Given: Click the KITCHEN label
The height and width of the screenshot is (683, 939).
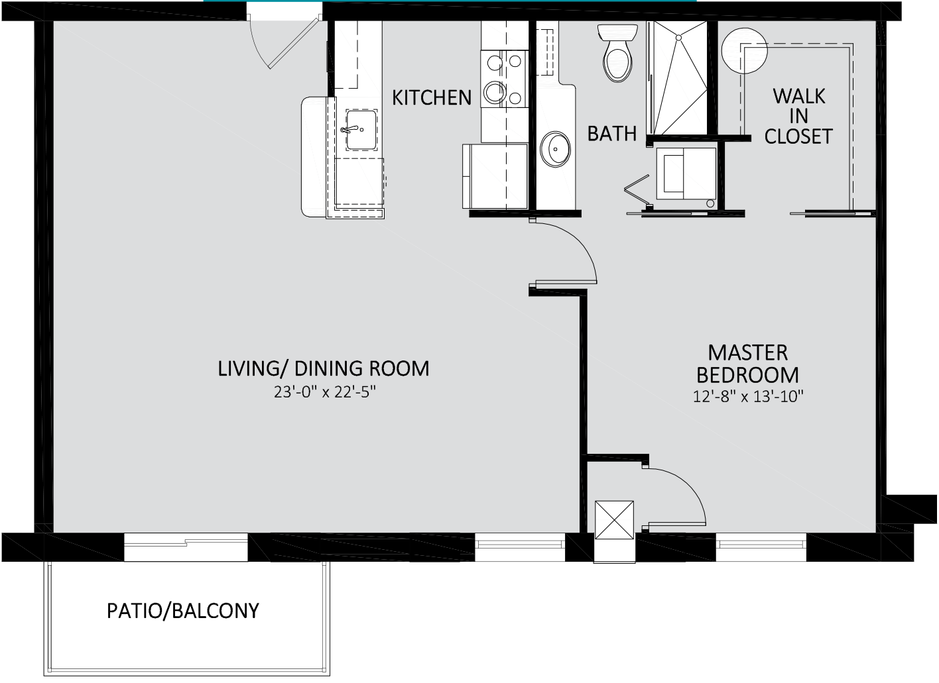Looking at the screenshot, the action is pos(431,97).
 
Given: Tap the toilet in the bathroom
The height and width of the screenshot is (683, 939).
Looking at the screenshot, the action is pos(617,53).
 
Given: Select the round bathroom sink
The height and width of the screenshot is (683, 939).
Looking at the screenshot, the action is pos(555,149).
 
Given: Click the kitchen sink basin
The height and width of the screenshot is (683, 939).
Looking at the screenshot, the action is pos(361,130).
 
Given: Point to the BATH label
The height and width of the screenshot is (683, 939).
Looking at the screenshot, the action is pos(611,134).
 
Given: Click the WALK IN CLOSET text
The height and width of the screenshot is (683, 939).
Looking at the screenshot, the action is pos(798,116).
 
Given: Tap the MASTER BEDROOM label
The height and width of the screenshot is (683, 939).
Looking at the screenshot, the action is pos(747,364).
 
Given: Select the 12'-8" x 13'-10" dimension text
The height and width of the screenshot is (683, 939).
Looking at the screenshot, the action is pos(747,396).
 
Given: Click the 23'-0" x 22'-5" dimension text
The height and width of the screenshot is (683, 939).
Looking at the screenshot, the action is pos(324,392).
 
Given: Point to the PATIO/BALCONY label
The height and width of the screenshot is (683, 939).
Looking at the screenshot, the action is pos(183,611).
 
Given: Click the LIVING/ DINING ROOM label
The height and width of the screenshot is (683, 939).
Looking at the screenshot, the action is pos(324,368).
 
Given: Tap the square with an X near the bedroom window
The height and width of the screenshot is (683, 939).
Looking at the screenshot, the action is pos(614,519).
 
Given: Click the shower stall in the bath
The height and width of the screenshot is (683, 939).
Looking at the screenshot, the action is pos(678,78).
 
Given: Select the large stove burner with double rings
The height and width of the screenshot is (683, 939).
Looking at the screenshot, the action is pos(495,92).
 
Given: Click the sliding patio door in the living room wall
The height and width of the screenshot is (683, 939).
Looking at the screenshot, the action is pos(186,547).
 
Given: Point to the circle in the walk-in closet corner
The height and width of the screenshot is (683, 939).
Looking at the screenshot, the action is pos(744,50).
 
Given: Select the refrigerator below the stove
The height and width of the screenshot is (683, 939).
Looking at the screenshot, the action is pos(495,176).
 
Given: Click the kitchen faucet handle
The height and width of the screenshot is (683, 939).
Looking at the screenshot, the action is pos(348,129).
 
